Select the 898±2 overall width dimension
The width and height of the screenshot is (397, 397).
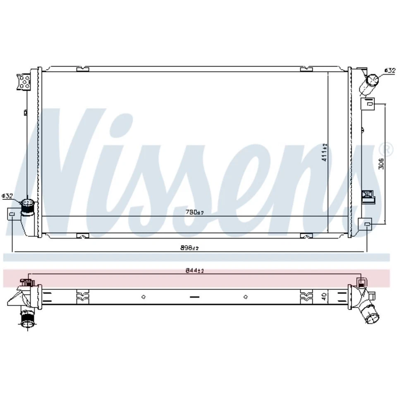pyautogui.click(x=190, y=248)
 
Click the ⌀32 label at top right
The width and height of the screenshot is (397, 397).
pyautogui.click(x=390, y=71)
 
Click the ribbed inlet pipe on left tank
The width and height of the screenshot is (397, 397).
pyautogui.click(x=28, y=205)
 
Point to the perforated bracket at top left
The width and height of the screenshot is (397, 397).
pyautogui.click(x=24, y=81)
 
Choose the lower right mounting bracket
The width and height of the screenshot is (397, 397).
pyautogui.click(x=366, y=224)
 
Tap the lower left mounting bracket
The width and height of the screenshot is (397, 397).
pyautogui.click(x=13, y=214)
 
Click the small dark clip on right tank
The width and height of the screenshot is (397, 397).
pyautogui.click(x=367, y=195)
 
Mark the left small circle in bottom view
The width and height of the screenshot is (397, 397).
pyautogui.click(x=143, y=297)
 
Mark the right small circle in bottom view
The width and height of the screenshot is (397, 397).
pyautogui.click(x=246, y=297)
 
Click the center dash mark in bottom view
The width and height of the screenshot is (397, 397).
pyautogui.click(x=194, y=297)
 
